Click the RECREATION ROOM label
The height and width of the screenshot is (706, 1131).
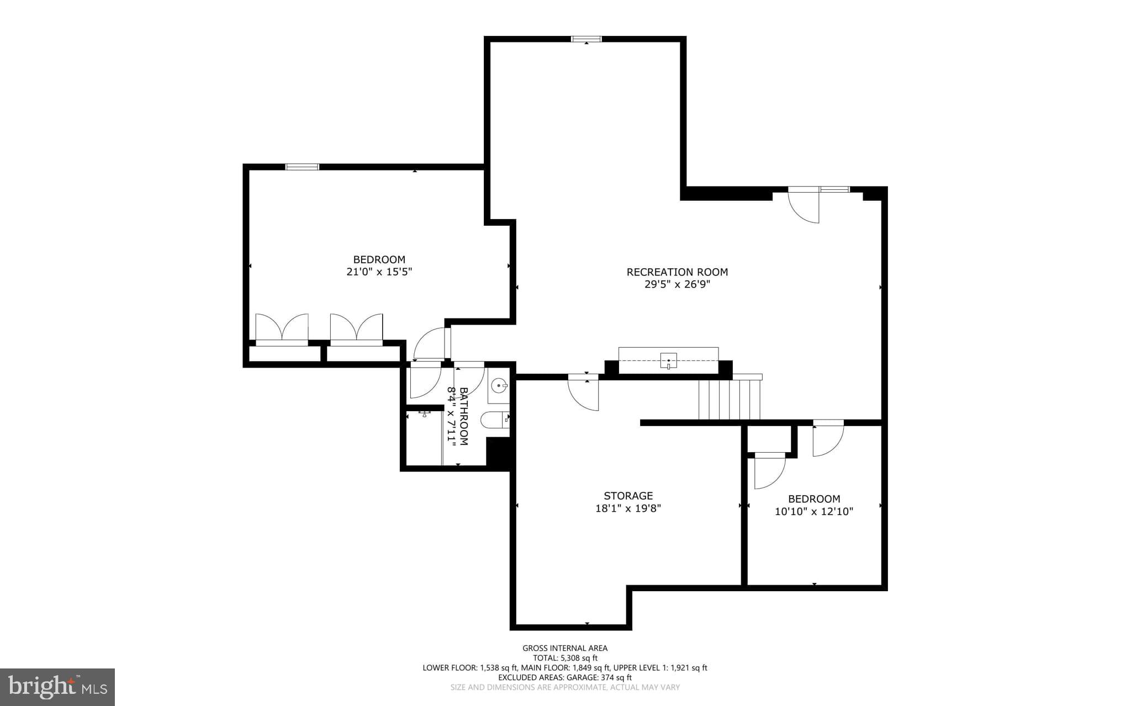tap(677, 272)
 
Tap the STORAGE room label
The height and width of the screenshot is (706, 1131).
tap(628, 496)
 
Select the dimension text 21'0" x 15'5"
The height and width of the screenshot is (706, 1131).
tap(379, 272)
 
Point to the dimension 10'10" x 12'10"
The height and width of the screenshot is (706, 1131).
tap(813, 512)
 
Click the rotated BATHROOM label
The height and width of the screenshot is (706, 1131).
tap(463, 416)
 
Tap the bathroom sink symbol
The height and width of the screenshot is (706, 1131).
tap(499, 385)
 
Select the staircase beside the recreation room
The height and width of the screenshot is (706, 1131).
tap(729, 399)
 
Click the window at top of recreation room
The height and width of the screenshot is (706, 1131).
tap(586, 39)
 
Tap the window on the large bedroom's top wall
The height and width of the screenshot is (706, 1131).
tap(302, 167)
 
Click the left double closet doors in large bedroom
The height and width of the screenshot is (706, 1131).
tap(282, 328)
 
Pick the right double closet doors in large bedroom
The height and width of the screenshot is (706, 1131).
tap(356, 328)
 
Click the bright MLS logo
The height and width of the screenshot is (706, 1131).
tap(57, 687)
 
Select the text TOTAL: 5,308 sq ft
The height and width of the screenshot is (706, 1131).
tap(565, 658)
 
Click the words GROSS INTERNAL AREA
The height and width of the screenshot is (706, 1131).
tap(565, 648)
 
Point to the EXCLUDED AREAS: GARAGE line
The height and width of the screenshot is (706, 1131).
tap(565, 677)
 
